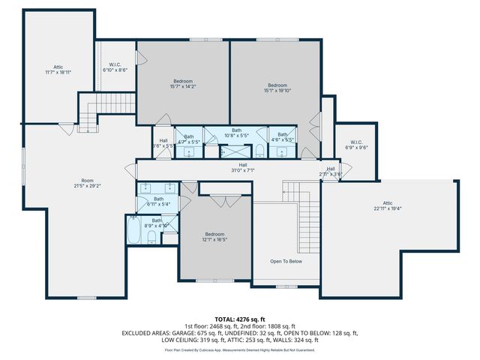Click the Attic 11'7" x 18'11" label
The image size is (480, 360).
point(58,70)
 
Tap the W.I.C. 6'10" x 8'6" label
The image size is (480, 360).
point(115,67)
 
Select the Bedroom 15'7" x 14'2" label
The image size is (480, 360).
point(183,83)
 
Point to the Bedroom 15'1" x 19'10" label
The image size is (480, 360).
point(277,88)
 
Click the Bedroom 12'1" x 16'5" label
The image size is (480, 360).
point(214,236)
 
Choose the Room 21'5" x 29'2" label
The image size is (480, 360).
point(88,183)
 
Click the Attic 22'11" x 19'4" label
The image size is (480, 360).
point(388,205)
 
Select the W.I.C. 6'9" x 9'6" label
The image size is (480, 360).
point(356,145)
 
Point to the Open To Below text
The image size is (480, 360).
point(286,261)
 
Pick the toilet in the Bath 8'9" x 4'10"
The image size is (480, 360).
point(151,238)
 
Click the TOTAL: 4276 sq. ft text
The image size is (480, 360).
point(239,319)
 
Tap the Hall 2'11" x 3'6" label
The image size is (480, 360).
point(331,172)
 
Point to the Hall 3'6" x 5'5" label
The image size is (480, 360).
point(163,142)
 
